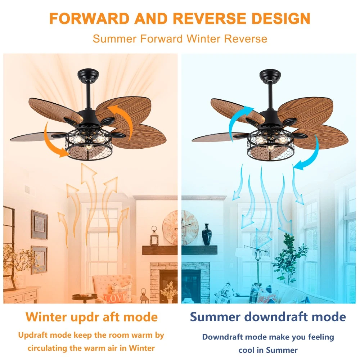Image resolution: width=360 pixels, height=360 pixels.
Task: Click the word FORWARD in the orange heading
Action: coord(89,18)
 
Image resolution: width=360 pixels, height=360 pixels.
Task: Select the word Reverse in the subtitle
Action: coord(246,39)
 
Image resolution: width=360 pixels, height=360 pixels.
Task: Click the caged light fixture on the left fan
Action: coord(89,145)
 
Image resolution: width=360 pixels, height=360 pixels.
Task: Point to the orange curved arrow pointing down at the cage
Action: coord(51,142)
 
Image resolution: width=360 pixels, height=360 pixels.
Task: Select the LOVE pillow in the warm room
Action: coord(116,298)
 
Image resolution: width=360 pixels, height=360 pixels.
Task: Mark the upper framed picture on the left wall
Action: coord(40,225)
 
